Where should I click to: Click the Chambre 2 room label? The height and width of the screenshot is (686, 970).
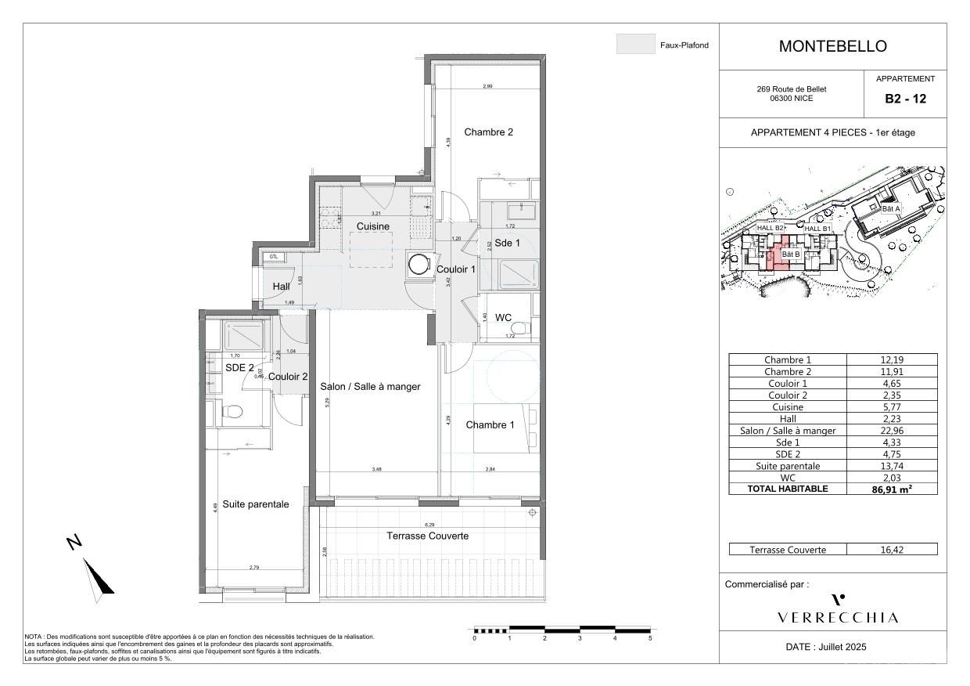[x=488, y=132]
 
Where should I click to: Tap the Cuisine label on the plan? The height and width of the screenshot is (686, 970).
[x=373, y=226]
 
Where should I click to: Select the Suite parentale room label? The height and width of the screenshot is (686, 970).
[x=255, y=504]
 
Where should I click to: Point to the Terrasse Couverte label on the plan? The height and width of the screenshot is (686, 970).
[x=428, y=536]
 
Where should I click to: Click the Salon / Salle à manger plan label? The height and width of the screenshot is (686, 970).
[x=370, y=387]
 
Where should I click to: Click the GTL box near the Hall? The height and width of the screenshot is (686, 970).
[x=273, y=257]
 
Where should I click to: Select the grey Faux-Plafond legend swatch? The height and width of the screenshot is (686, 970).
[x=635, y=45]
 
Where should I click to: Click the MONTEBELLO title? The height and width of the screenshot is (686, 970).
[x=832, y=46]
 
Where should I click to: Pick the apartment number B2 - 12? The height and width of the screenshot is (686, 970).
[x=905, y=99]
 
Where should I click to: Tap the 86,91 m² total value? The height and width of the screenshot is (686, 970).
[x=892, y=489]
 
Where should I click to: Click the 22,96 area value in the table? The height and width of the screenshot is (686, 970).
[x=892, y=431]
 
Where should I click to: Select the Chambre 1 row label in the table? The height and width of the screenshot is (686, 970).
[x=788, y=360]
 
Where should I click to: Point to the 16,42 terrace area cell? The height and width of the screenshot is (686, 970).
[x=892, y=550]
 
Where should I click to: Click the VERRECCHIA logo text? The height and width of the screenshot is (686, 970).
[x=838, y=618]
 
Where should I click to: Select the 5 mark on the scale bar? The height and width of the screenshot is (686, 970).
[x=650, y=638]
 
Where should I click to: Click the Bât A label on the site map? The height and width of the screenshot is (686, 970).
[x=891, y=209]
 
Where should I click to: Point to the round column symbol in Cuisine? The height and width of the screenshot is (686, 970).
[x=418, y=265]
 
